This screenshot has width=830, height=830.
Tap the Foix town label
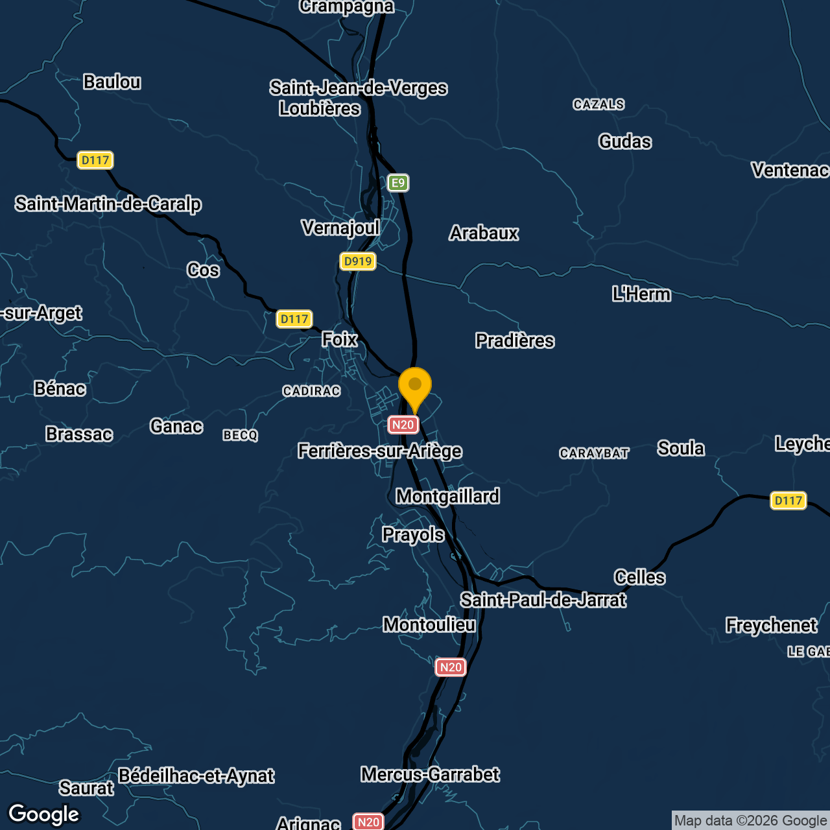[x=340, y=339]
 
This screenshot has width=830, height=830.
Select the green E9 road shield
[x=398, y=183]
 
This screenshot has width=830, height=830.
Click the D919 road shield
[x=358, y=261]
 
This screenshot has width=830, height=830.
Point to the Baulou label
[x=112, y=82]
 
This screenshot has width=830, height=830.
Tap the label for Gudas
[x=625, y=142]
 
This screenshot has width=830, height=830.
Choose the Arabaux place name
[x=484, y=233]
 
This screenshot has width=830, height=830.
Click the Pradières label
[x=515, y=341]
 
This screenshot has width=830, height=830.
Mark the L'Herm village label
[x=641, y=294]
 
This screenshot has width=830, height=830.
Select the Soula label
[x=681, y=449]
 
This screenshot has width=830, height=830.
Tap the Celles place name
[x=639, y=577]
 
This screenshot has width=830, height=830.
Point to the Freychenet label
[x=772, y=626]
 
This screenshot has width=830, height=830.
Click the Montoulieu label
[x=429, y=625]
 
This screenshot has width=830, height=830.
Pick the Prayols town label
[x=413, y=535]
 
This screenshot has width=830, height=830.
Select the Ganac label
[x=176, y=427]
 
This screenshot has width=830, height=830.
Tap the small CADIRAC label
[x=311, y=391]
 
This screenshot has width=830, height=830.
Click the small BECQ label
[x=241, y=435]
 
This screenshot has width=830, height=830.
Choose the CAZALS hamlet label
[x=599, y=104]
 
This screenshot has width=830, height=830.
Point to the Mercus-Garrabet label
[x=430, y=775]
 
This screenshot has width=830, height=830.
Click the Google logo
[x=44, y=814]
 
